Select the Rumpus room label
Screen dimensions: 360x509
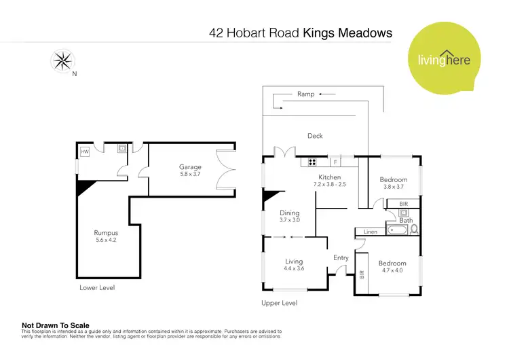point(107,233)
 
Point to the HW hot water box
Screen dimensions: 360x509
point(85,152)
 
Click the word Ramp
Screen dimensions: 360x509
point(305,94)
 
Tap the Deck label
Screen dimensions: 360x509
point(315,136)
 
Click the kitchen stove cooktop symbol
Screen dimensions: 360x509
point(313,162)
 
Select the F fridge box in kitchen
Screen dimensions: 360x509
point(334,162)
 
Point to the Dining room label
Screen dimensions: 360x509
point(290,213)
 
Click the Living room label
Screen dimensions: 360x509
point(294,261)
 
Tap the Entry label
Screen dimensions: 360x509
point(341,257)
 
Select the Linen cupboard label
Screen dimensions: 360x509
point(370,232)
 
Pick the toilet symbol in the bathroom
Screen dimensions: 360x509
point(414,229)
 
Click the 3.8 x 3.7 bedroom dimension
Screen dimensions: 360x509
point(393,187)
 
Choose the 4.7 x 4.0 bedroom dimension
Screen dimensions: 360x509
point(392,270)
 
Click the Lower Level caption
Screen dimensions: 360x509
point(97,288)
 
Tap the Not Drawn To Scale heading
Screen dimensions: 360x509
point(56,325)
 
